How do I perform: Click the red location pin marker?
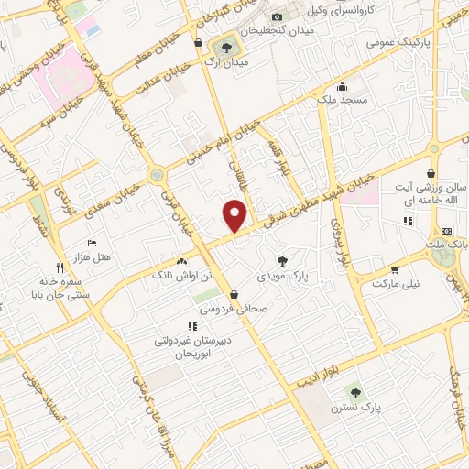tap(235, 213)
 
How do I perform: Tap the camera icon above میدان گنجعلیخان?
tap(277, 17)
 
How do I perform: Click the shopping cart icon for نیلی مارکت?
tap(395, 270)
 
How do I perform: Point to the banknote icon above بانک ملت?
tap(446, 231)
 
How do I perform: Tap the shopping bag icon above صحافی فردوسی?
tap(236, 295)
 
